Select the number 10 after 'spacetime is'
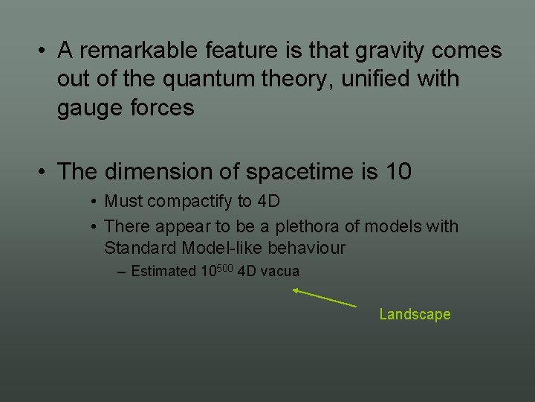click(398, 171)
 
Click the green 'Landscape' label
click(415, 314)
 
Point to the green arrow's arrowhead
click(295, 290)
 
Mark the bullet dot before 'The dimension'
click(45, 172)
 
